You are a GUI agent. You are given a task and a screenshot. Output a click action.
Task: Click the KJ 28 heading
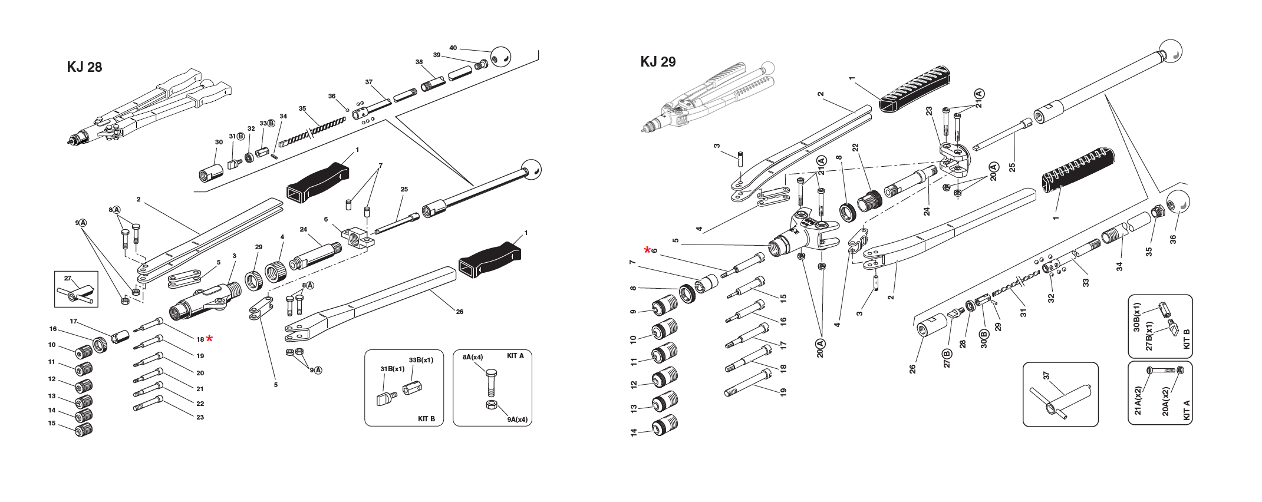(84, 67)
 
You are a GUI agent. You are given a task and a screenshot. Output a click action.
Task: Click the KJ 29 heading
(658, 62)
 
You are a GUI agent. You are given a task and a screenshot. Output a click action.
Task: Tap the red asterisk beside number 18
(209, 338)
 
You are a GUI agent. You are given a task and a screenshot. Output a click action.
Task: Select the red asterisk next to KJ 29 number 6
(647, 250)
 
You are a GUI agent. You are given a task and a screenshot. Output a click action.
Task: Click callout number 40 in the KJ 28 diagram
(453, 48)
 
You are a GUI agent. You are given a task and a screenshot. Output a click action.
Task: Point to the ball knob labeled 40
(500, 56)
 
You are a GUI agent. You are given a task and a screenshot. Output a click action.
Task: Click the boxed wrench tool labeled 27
(75, 292)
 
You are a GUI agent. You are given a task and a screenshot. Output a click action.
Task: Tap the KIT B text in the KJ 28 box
(426, 418)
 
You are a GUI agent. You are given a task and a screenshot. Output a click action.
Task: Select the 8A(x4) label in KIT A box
(472, 357)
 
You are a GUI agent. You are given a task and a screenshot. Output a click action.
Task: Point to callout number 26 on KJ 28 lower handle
(459, 311)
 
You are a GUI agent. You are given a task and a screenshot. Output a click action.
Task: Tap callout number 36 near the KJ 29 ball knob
(1172, 239)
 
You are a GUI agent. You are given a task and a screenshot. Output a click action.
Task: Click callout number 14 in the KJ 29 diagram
(634, 432)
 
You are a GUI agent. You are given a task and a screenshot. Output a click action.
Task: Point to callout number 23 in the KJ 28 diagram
(200, 417)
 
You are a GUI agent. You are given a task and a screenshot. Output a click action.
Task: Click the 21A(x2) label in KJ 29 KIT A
(1138, 401)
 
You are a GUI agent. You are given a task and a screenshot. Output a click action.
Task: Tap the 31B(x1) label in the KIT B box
(392, 369)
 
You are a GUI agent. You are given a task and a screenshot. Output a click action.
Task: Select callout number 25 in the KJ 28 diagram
(404, 190)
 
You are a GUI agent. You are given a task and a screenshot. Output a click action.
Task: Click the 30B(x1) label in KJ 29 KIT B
(1138, 318)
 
